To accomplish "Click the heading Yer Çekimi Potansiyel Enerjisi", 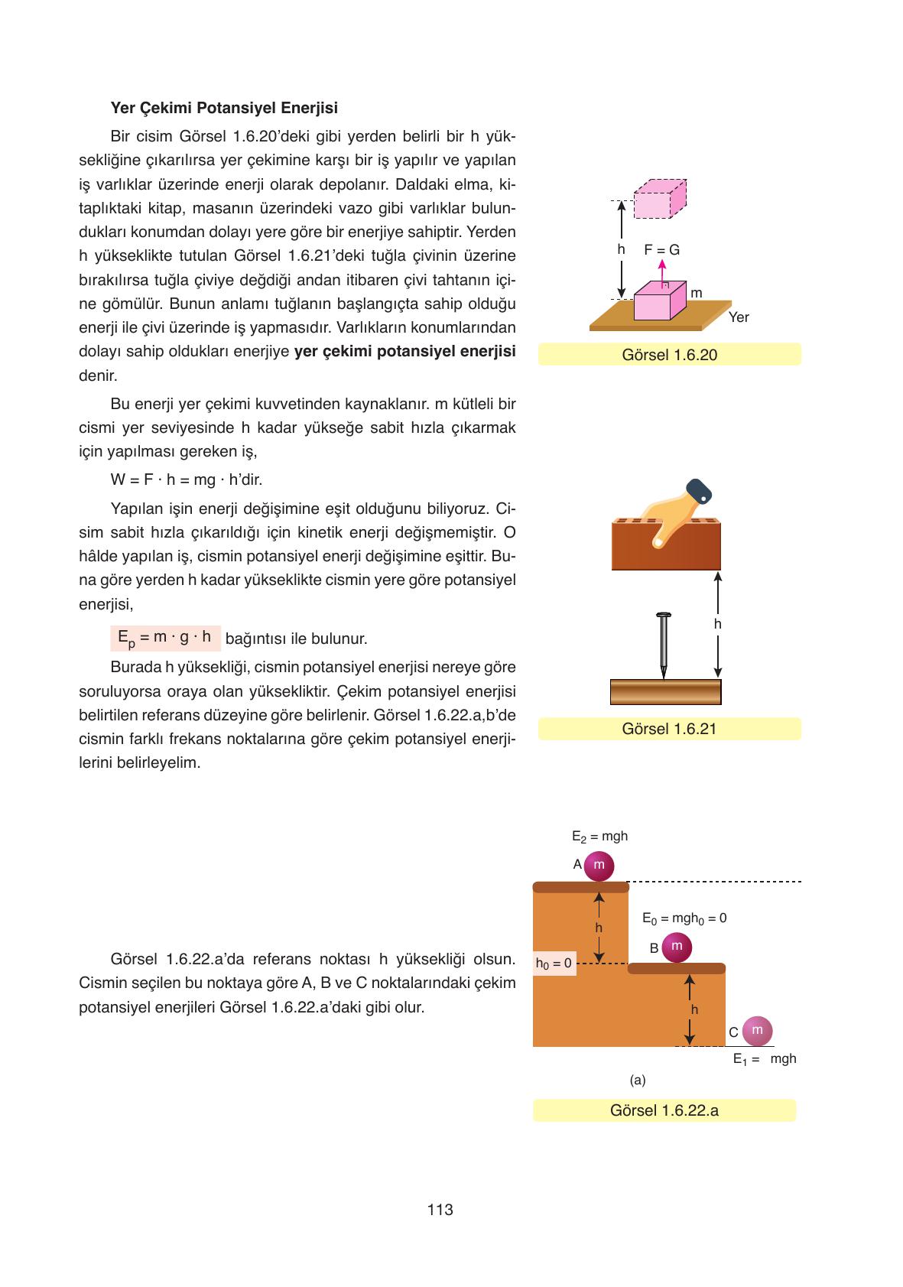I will coord(224,107).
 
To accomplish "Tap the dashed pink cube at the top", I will coord(659,200).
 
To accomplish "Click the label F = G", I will coord(661,250).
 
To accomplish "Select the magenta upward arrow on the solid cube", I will coord(663,272).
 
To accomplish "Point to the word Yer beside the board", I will coord(739,317).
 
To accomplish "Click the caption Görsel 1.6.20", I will coord(669,355).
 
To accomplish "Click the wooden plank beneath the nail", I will coord(665,691).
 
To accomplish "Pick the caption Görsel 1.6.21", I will coord(669,729).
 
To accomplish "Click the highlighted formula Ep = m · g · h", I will coord(164,638).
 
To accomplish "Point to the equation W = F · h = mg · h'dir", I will coord(187,480).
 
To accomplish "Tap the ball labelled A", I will coord(599,866).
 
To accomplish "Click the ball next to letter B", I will coord(676,947).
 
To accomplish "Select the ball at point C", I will coord(757,1031).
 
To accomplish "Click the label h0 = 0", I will coord(554,964).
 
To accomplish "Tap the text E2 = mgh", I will coord(599,837).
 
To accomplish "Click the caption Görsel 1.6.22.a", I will coord(664,1110).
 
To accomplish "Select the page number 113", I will coord(440,1210).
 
